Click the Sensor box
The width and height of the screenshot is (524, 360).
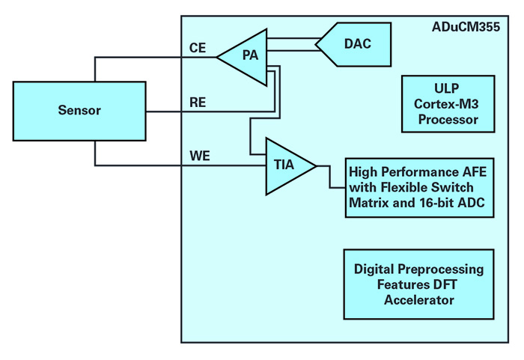coord(80,111)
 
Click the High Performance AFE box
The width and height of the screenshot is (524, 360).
coord(419,187)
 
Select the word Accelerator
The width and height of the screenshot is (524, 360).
coord(419,300)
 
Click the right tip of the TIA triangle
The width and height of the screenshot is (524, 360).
coord(317,165)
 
